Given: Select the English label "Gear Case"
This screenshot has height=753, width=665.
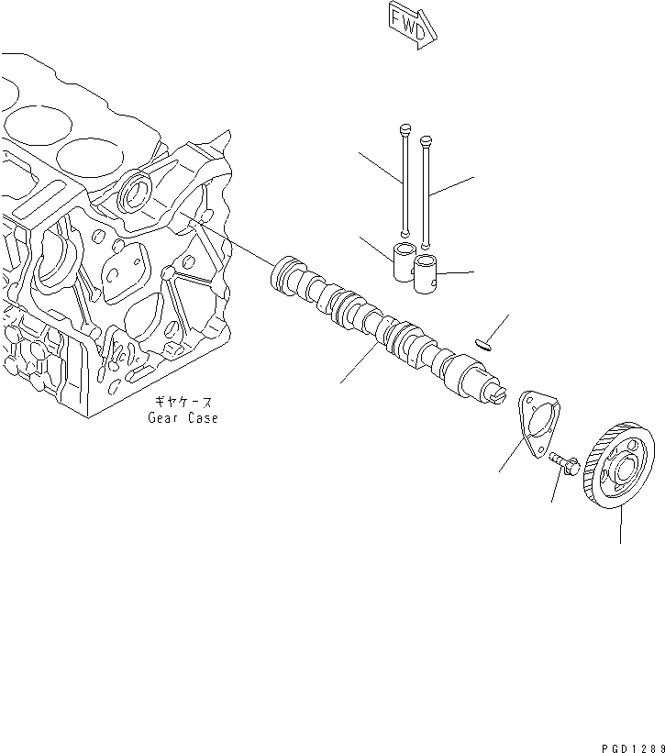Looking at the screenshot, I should point(183,418).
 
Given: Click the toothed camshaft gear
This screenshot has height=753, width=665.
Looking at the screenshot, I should point(621,468).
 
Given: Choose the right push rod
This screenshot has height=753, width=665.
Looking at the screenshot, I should point(426,193).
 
